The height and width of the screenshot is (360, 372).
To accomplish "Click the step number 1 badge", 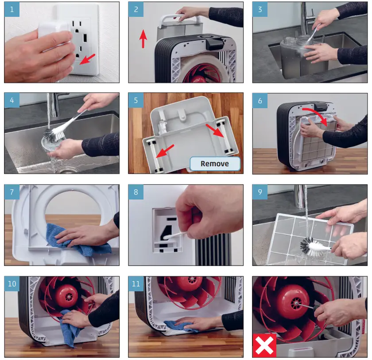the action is tap(12, 9).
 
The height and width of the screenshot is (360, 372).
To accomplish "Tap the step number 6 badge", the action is tap(260, 101).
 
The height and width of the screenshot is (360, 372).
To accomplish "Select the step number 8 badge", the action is tap(136, 192).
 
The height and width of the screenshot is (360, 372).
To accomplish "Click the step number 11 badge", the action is tap(136, 284).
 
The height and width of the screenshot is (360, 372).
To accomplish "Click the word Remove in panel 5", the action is tap(215, 164).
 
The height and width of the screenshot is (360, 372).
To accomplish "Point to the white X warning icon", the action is tap(264, 345).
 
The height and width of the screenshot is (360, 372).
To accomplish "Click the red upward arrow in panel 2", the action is tap(143, 39).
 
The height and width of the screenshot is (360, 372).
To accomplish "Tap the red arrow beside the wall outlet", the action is tap(87, 59).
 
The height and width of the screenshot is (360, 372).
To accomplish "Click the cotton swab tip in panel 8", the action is tap(166, 237).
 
